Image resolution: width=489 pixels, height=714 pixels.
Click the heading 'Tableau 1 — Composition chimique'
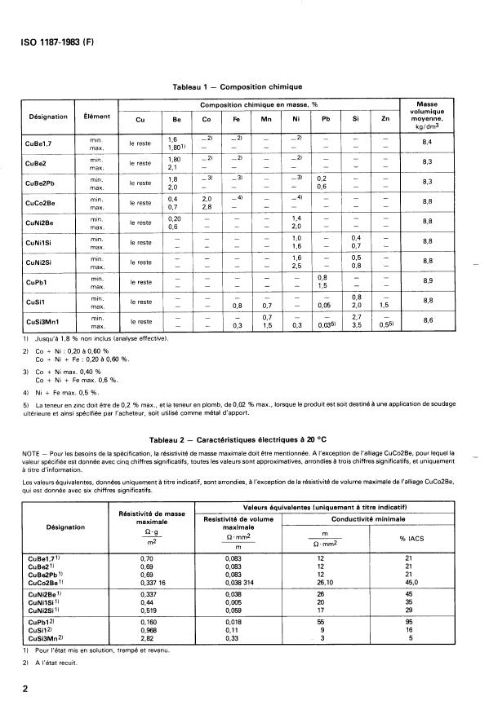(x=238, y=86)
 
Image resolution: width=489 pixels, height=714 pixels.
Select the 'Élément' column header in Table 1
(x=97, y=117)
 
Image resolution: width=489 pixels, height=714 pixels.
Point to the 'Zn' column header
(x=385, y=121)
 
